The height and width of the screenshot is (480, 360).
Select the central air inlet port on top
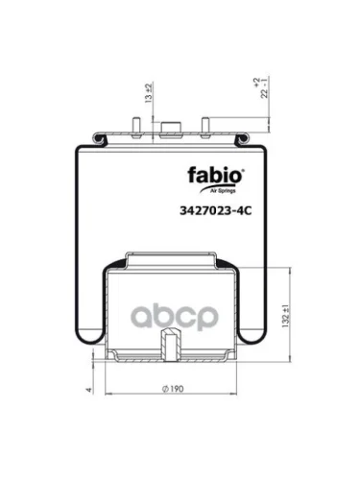(x=173, y=129)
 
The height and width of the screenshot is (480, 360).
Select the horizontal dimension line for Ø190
(x=173, y=401)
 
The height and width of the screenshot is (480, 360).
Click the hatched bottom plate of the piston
(x=173, y=363)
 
